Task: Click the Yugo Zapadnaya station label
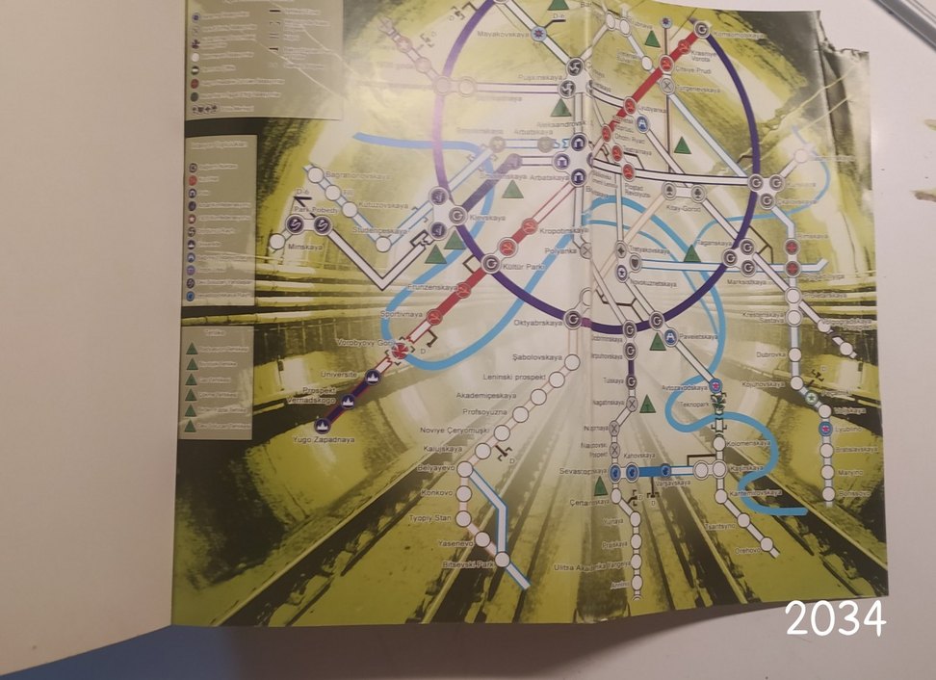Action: coord(324,439)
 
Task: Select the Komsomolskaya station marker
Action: coord(702,30)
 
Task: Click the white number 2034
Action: coord(835,618)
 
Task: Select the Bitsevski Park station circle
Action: coord(502,559)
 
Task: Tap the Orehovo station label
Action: coord(747,550)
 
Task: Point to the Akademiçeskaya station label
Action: coord(486,395)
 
